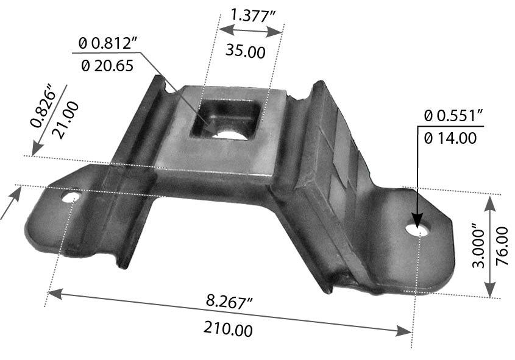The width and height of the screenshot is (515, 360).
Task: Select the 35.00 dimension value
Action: click(245, 51)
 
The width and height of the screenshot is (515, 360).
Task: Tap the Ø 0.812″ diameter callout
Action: click(108, 44)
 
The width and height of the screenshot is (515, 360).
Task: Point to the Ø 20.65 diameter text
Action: click(107, 65)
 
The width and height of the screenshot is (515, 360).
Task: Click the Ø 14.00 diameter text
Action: click(449, 138)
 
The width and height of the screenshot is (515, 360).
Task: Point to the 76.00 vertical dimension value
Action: click(502, 246)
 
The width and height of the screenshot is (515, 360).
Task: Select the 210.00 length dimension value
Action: click(227, 330)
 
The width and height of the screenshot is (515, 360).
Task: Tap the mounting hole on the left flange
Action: click(71, 197)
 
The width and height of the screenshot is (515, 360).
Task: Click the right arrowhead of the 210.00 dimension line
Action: click(404, 331)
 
